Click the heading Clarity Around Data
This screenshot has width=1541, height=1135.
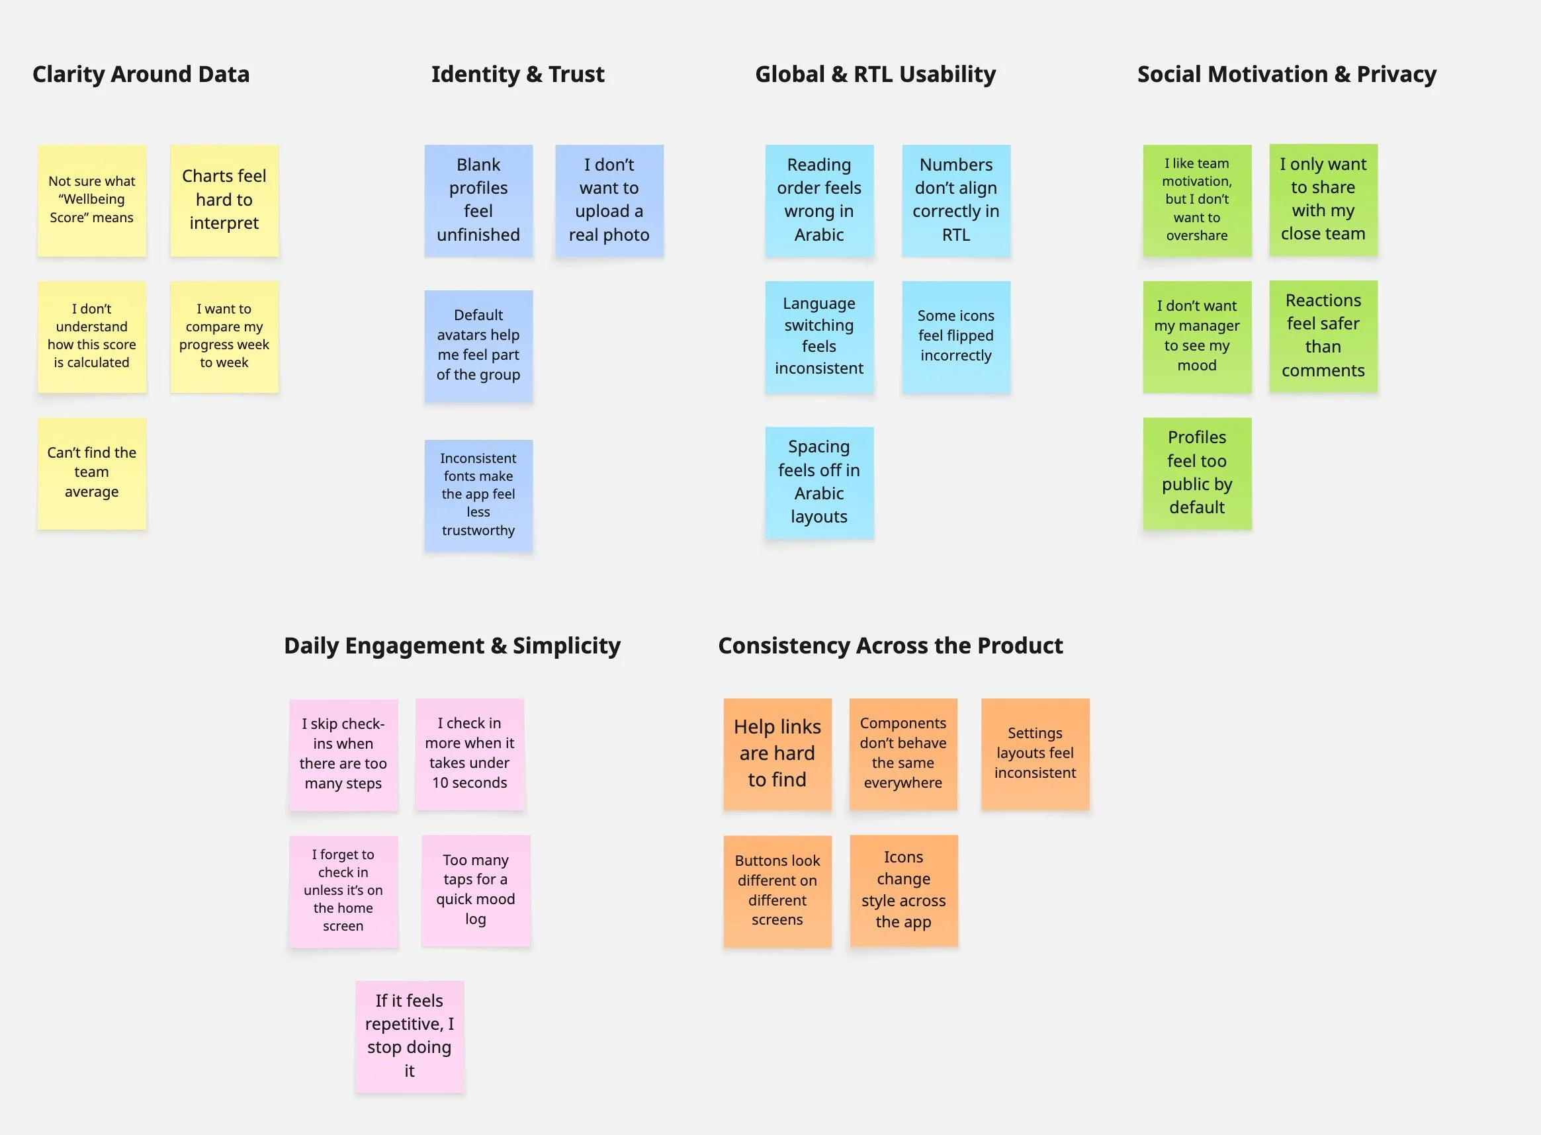click(x=141, y=74)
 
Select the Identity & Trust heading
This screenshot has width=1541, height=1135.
click(x=517, y=74)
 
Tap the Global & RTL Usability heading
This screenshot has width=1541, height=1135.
click(x=875, y=74)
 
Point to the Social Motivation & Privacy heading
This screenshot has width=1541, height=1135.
click(x=1287, y=74)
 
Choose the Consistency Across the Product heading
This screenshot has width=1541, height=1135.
click(x=890, y=646)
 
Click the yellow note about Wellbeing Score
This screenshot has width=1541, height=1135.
click(x=92, y=200)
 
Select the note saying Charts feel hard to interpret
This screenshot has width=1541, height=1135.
click(x=224, y=200)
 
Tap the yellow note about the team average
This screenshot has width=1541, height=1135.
click(x=92, y=474)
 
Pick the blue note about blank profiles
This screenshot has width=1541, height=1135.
click(x=478, y=200)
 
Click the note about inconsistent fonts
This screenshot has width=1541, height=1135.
click(x=478, y=495)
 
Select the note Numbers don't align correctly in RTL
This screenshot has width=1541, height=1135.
click(x=956, y=200)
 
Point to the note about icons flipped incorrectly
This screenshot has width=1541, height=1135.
click(x=956, y=337)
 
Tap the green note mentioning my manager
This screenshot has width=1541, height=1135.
click(x=1198, y=337)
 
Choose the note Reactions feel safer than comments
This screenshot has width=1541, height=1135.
click(x=1323, y=336)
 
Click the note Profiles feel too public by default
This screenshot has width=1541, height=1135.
click(x=1198, y=474)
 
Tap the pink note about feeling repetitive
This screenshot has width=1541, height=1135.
click(x=410, y=1036)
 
